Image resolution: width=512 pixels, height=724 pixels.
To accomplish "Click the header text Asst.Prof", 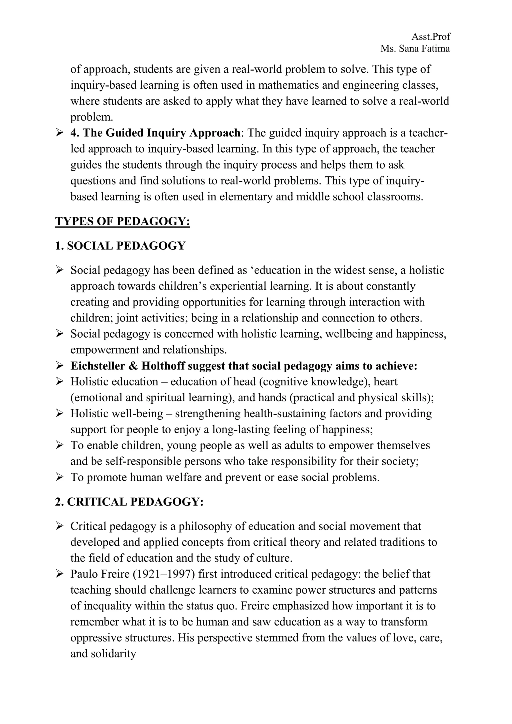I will tap(431, 37).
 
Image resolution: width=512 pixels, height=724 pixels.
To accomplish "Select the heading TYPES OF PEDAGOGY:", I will tap(122, 221).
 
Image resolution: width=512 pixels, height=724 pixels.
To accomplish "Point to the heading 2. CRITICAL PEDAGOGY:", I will tap(129, 502).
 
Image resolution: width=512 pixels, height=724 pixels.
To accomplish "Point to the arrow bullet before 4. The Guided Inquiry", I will tap(59, 133).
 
